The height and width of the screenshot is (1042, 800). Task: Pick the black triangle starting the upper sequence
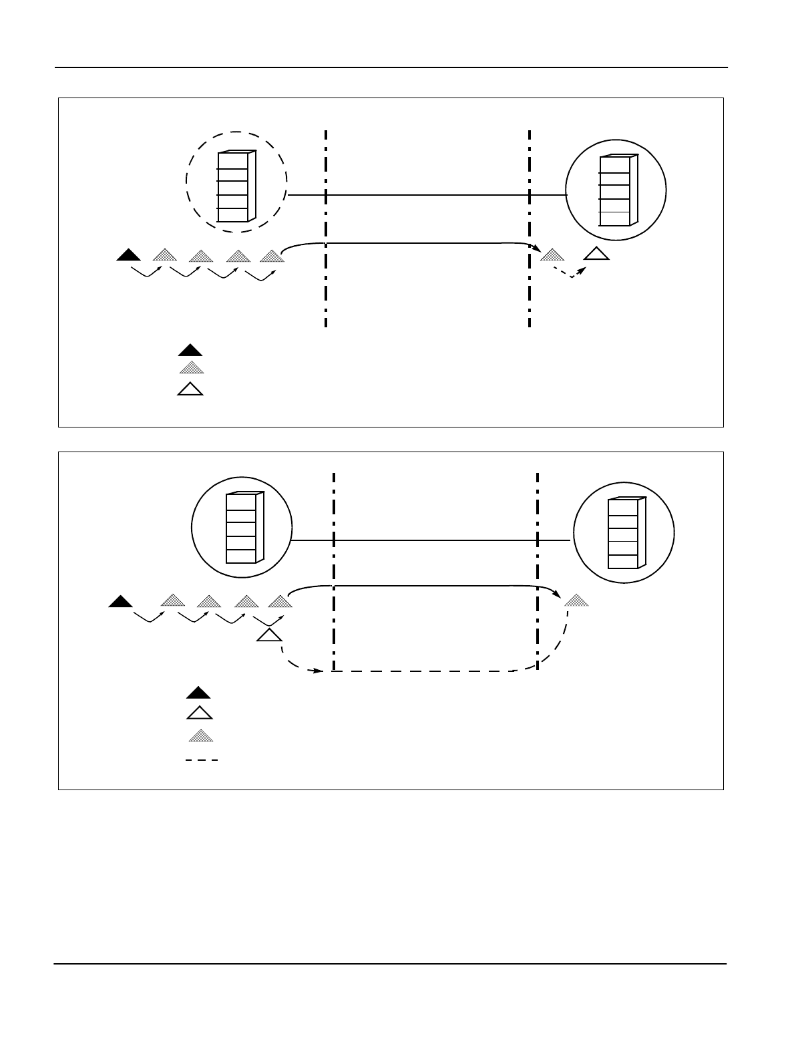tap(128, 254)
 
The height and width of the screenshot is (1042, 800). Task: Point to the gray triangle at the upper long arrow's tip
tap(552, 254)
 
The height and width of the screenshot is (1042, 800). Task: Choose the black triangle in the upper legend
tap(190, 350)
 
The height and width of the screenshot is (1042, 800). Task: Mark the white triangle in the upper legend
tap(190, 389)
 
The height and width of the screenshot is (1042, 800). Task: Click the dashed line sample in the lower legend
tap(202, 760)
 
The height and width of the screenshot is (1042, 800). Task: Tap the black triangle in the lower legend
tap(199, 693)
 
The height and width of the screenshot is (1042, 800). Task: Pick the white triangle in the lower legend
tap(199, 713)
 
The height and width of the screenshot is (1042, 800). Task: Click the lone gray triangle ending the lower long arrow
tap(577, 600)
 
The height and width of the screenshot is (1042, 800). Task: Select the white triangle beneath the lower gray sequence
tap(268, 635)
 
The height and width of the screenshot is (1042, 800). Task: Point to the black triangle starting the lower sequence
tap(120, 602)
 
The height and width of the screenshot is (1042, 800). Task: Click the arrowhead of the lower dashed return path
tap(320, 671)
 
